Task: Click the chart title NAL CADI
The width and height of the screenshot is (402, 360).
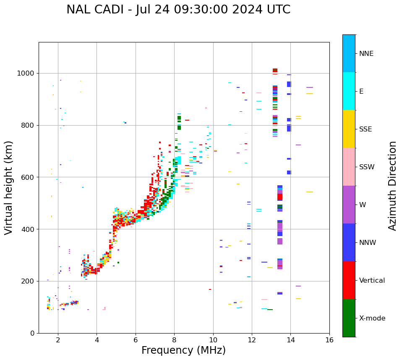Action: click(178, 10)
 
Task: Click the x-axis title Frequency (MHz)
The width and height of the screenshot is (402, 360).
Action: click(183, 350)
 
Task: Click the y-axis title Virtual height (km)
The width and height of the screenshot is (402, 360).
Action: click(9, 188)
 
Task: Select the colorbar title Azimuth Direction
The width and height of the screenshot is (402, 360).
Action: click(392, 186)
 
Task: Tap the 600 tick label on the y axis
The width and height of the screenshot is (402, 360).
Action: click(29, 177)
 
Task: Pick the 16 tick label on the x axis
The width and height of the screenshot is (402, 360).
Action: click(329, 340)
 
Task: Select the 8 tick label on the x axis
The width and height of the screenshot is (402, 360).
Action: click(174, 340)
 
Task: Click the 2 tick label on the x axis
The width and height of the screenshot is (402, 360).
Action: click(58, 340)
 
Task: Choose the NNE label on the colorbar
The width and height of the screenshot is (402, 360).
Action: click(366, 54)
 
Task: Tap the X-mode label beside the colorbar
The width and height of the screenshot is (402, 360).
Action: click(372, 318)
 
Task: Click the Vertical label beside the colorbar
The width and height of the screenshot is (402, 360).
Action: click(372, 281)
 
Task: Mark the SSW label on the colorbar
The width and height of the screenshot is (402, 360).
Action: click(367, 167)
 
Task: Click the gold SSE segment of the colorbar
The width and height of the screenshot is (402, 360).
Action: click(349, 129)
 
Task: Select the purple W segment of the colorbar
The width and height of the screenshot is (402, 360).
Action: click(349, 205)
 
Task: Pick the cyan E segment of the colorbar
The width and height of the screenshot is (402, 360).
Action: click(349, 91)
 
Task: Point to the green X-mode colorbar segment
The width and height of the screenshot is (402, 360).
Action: click(349, 318)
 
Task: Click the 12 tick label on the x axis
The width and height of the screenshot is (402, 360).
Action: click(252, 340)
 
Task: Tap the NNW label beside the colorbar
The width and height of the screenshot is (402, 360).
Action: click(368, 243)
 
